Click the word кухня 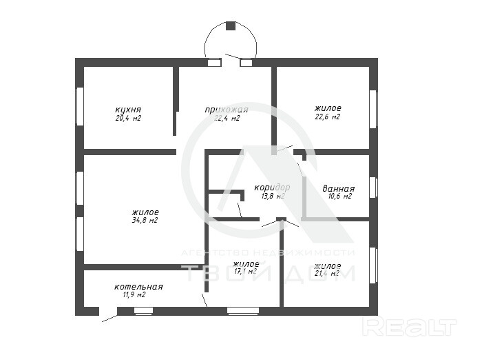point(128,110)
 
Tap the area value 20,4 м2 point(128,118)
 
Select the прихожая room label point(227,110)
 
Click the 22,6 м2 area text point(327,117)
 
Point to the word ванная point(339,188)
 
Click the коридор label point(272,188)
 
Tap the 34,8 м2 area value point(145,221)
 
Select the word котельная point(138,287)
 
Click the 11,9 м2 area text point(134,295)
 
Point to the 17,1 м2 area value point(245,272)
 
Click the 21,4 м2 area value point(327,273)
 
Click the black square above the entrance point(231,26)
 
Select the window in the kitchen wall point(80,106)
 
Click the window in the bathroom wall point(373,188)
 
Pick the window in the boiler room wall point(143,311)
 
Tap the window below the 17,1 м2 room point(243,311)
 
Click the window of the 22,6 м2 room point(373,109)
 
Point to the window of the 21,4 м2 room point(373,265)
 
